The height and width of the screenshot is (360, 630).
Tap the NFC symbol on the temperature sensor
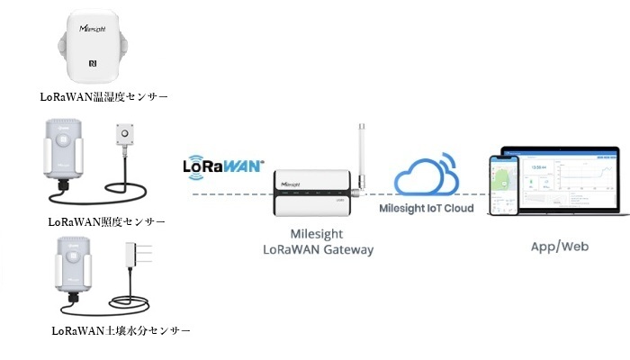point(93,65)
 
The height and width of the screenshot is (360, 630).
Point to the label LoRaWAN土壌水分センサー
point(121,331)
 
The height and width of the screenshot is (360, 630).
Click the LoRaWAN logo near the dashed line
point(223,166)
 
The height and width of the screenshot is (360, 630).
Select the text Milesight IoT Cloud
point(425,210)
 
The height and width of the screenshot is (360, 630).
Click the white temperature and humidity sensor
point(94,45)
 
